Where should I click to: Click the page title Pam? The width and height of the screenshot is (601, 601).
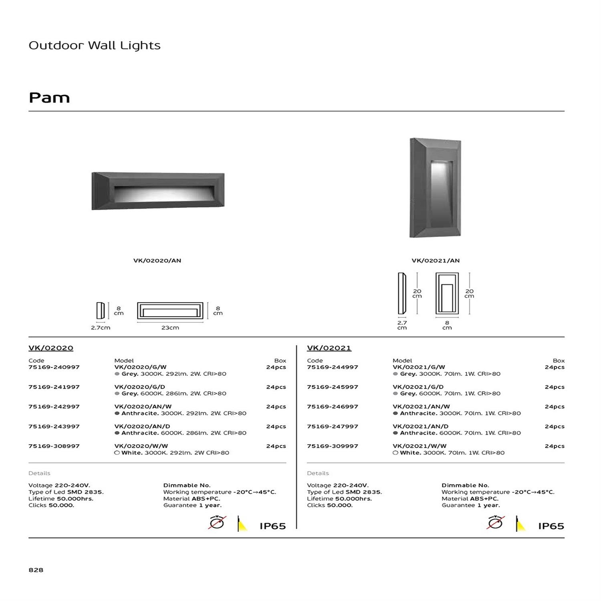coord(49,98)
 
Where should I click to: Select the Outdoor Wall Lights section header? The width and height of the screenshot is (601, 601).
coord(95,45)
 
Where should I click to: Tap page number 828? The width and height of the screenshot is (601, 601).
coord(36,570)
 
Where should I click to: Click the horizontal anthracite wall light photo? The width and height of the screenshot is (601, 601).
coord(158,191)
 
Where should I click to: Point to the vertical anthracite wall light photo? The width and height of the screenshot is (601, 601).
coord(435,188)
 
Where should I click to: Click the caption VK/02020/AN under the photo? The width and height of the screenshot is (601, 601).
coord(157,260)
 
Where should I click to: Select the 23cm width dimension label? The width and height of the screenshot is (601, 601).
coord(170,328)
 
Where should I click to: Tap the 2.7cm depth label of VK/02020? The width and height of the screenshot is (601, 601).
coord(101,328)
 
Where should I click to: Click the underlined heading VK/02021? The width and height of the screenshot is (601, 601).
coord(329,348)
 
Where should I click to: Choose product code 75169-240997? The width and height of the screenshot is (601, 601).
coord(54,367)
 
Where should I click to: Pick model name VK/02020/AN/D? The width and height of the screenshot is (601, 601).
coord(141,426)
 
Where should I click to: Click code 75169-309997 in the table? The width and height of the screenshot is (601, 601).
coord(333,446)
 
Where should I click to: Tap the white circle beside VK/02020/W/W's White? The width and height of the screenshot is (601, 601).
coord(117,453)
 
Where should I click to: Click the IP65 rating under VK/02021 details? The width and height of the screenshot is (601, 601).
coord(551,526)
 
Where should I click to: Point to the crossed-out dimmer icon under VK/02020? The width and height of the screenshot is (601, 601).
coord(217,523)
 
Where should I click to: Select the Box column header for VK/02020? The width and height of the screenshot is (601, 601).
coord(280,361)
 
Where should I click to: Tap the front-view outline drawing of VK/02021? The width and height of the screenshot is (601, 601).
coord(447,294)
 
